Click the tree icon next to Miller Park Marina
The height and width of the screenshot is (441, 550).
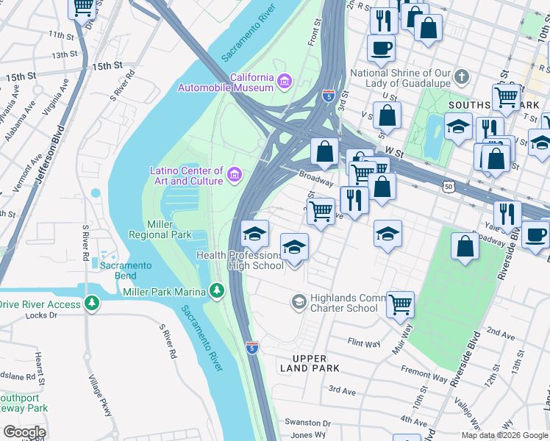(216, 292)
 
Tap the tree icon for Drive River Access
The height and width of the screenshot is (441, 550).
(91, 304)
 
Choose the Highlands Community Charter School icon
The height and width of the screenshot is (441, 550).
(299, 301)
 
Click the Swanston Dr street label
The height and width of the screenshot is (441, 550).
(308, 423)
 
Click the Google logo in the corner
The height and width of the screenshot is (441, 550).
(24, 432)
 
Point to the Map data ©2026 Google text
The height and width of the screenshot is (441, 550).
(504, 435)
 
